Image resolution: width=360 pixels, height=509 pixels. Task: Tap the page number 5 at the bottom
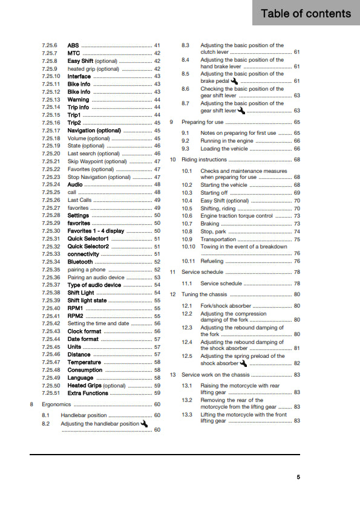(x=298, y=477)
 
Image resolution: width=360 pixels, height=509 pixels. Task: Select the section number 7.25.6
(x=50, y=45)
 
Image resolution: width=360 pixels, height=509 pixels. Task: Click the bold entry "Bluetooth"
(x=80, y=262)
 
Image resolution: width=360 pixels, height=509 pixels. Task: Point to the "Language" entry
(x=80, y=377)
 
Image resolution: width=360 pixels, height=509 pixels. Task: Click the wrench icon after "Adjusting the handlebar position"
(x=145, y=423)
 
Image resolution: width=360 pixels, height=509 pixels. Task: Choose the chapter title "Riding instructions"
(x=205, y=160)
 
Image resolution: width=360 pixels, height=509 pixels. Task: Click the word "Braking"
(x=210, y=224)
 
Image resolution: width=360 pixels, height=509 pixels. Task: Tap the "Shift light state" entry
(x=87, y=300)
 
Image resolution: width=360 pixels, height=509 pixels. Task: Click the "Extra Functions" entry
(x=88, y=393)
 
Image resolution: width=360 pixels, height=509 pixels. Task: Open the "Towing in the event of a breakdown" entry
(x=243, y=247)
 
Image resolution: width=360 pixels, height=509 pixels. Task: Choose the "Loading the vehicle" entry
(x=224, y=148)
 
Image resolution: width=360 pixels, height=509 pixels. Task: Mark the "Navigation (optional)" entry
(x=94, y=131)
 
